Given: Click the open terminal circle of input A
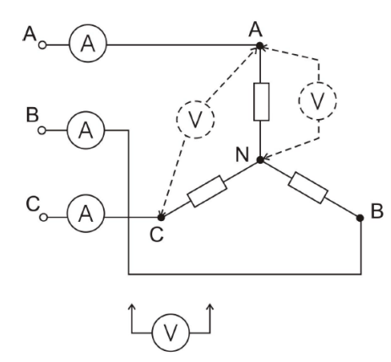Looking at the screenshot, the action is point(42,45).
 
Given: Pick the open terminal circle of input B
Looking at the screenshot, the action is point(41,131).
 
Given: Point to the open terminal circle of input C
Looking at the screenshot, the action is point(43,218).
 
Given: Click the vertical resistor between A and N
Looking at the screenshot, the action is point(261,102).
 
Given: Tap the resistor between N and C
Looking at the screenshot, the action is point(207,192).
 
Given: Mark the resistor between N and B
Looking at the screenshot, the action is point(308,187).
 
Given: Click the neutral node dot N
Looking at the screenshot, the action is point(260,160).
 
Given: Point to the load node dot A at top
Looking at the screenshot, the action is point(260,46).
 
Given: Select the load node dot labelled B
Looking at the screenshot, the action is point(360,218).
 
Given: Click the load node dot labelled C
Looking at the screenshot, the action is point(161,218).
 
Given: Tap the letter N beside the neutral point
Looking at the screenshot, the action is point(242,154).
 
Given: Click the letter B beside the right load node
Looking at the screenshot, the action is point(377,211).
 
